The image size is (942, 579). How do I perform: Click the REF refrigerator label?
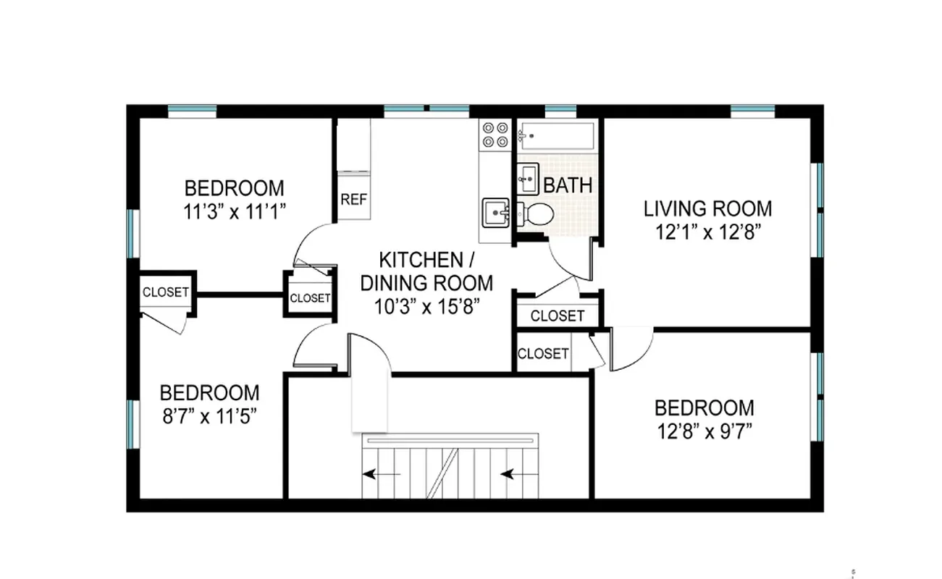pyautogui.click(x=353, y=199)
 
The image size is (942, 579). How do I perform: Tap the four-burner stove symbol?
pyautogui.click(x=495, y=135)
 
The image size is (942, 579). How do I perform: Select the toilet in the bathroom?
pyautogui.click(x=536, y=214)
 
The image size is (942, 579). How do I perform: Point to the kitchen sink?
pyautogui.click(x=496, y=213)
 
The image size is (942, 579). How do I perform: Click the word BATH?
pyautogui.click(x=568, y=185)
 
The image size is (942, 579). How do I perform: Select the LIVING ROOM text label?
pyautogui.click(x=707, y=209)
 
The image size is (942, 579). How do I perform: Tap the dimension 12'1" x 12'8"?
pyautogui.click(x=707, y=232)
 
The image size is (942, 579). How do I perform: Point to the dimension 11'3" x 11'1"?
pyautogui.click(x=235, y=212)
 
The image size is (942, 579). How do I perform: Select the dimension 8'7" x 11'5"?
pyautogui.click(x=209, y=417)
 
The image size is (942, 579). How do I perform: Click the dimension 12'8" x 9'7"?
pyautogui.click(x=704, y=431)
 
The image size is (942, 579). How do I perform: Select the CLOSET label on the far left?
pyautogui.click(x=166, y=292)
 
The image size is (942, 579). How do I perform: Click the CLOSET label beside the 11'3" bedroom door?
pyautogui.click(x=310, y=298)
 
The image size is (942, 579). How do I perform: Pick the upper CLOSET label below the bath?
pyautogui.click(x=557, y=316)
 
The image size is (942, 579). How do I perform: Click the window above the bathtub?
pyautogui.click(x=560, y=110)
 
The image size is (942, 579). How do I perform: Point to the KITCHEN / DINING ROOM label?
pyautogui.click(x=426, y=271)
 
